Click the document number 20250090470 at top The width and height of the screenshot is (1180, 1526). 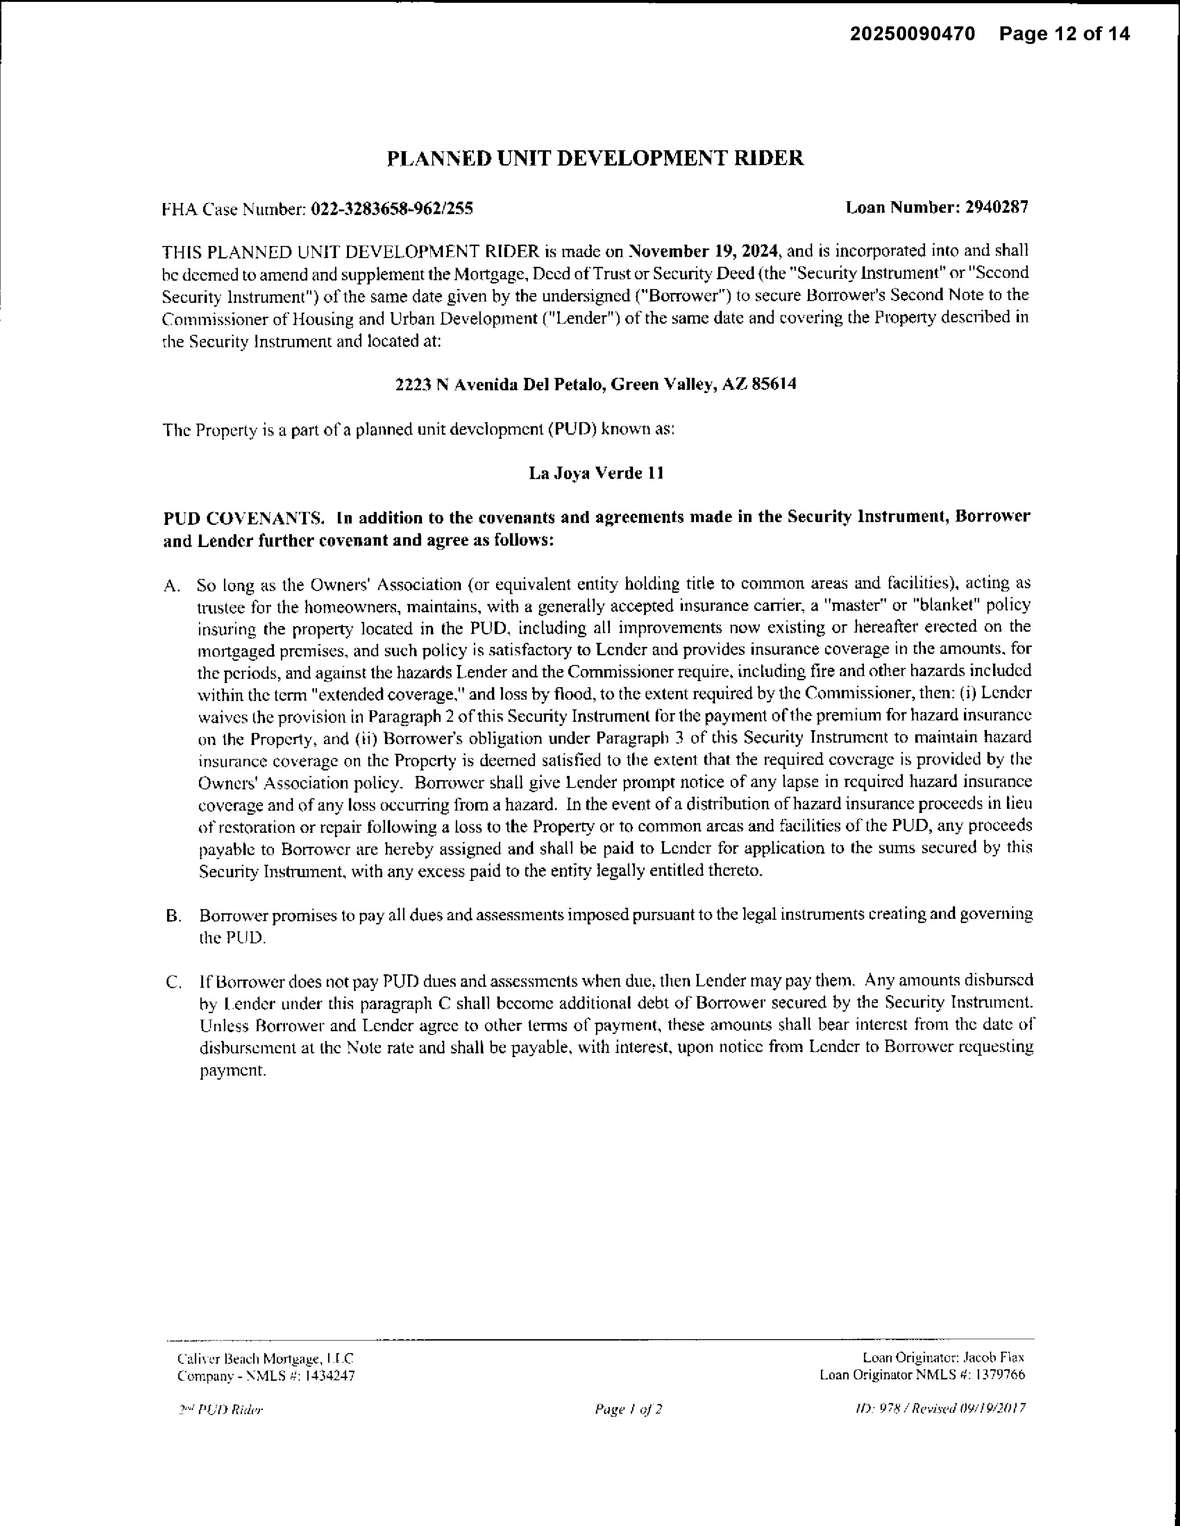(x=912, y=34)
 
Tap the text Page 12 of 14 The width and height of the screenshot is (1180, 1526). (x=1064, y=34)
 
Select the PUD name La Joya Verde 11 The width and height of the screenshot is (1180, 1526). (x=596, y=473)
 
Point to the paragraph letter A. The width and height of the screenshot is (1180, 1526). (x=171, y=585)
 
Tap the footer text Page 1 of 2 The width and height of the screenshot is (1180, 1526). (x=628, y=1409)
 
